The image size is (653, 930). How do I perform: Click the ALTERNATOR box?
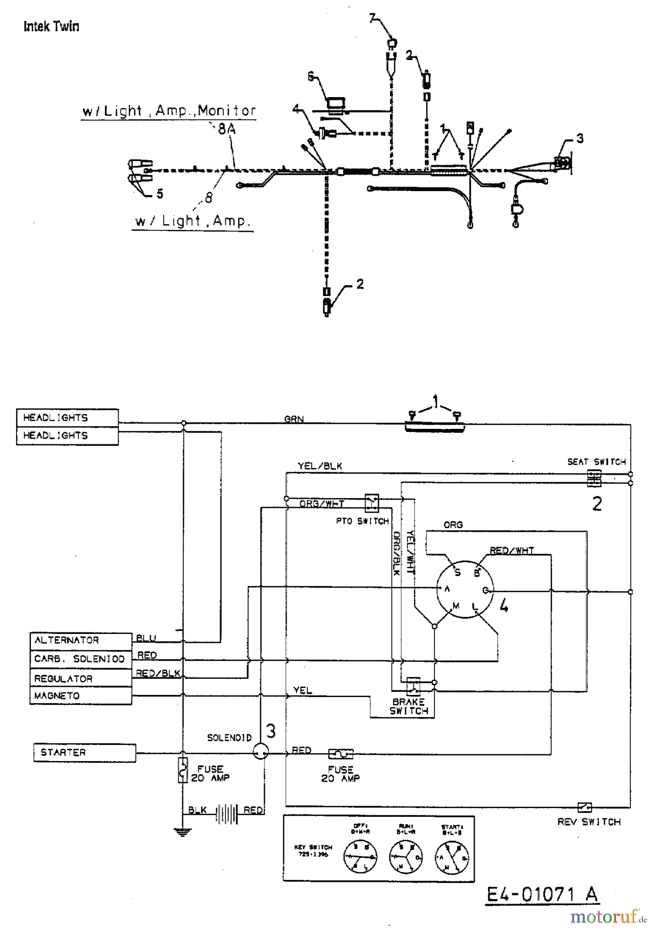pos(81,641)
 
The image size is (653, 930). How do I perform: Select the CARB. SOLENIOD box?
pos(81,659)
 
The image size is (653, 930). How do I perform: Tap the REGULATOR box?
pos(81,678)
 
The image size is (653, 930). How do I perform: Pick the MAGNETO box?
pos(81,695)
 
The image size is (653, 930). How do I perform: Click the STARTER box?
pos(85,752)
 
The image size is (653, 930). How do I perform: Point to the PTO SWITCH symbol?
pos(372,502)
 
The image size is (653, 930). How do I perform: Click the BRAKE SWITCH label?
pos(409,706)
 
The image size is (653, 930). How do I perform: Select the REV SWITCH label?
pos(589,822)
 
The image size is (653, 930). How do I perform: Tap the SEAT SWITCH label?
pos(596,462)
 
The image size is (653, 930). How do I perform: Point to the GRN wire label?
pos(294,420)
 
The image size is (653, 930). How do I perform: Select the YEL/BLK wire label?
pos(320,466)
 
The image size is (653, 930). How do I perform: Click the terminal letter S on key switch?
pos(457,572)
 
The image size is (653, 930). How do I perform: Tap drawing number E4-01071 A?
pos(542,894)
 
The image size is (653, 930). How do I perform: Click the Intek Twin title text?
pos(51,26)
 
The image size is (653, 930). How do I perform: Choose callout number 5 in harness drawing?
pos(160,194)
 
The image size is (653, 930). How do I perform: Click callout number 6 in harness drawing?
pos(311,76)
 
